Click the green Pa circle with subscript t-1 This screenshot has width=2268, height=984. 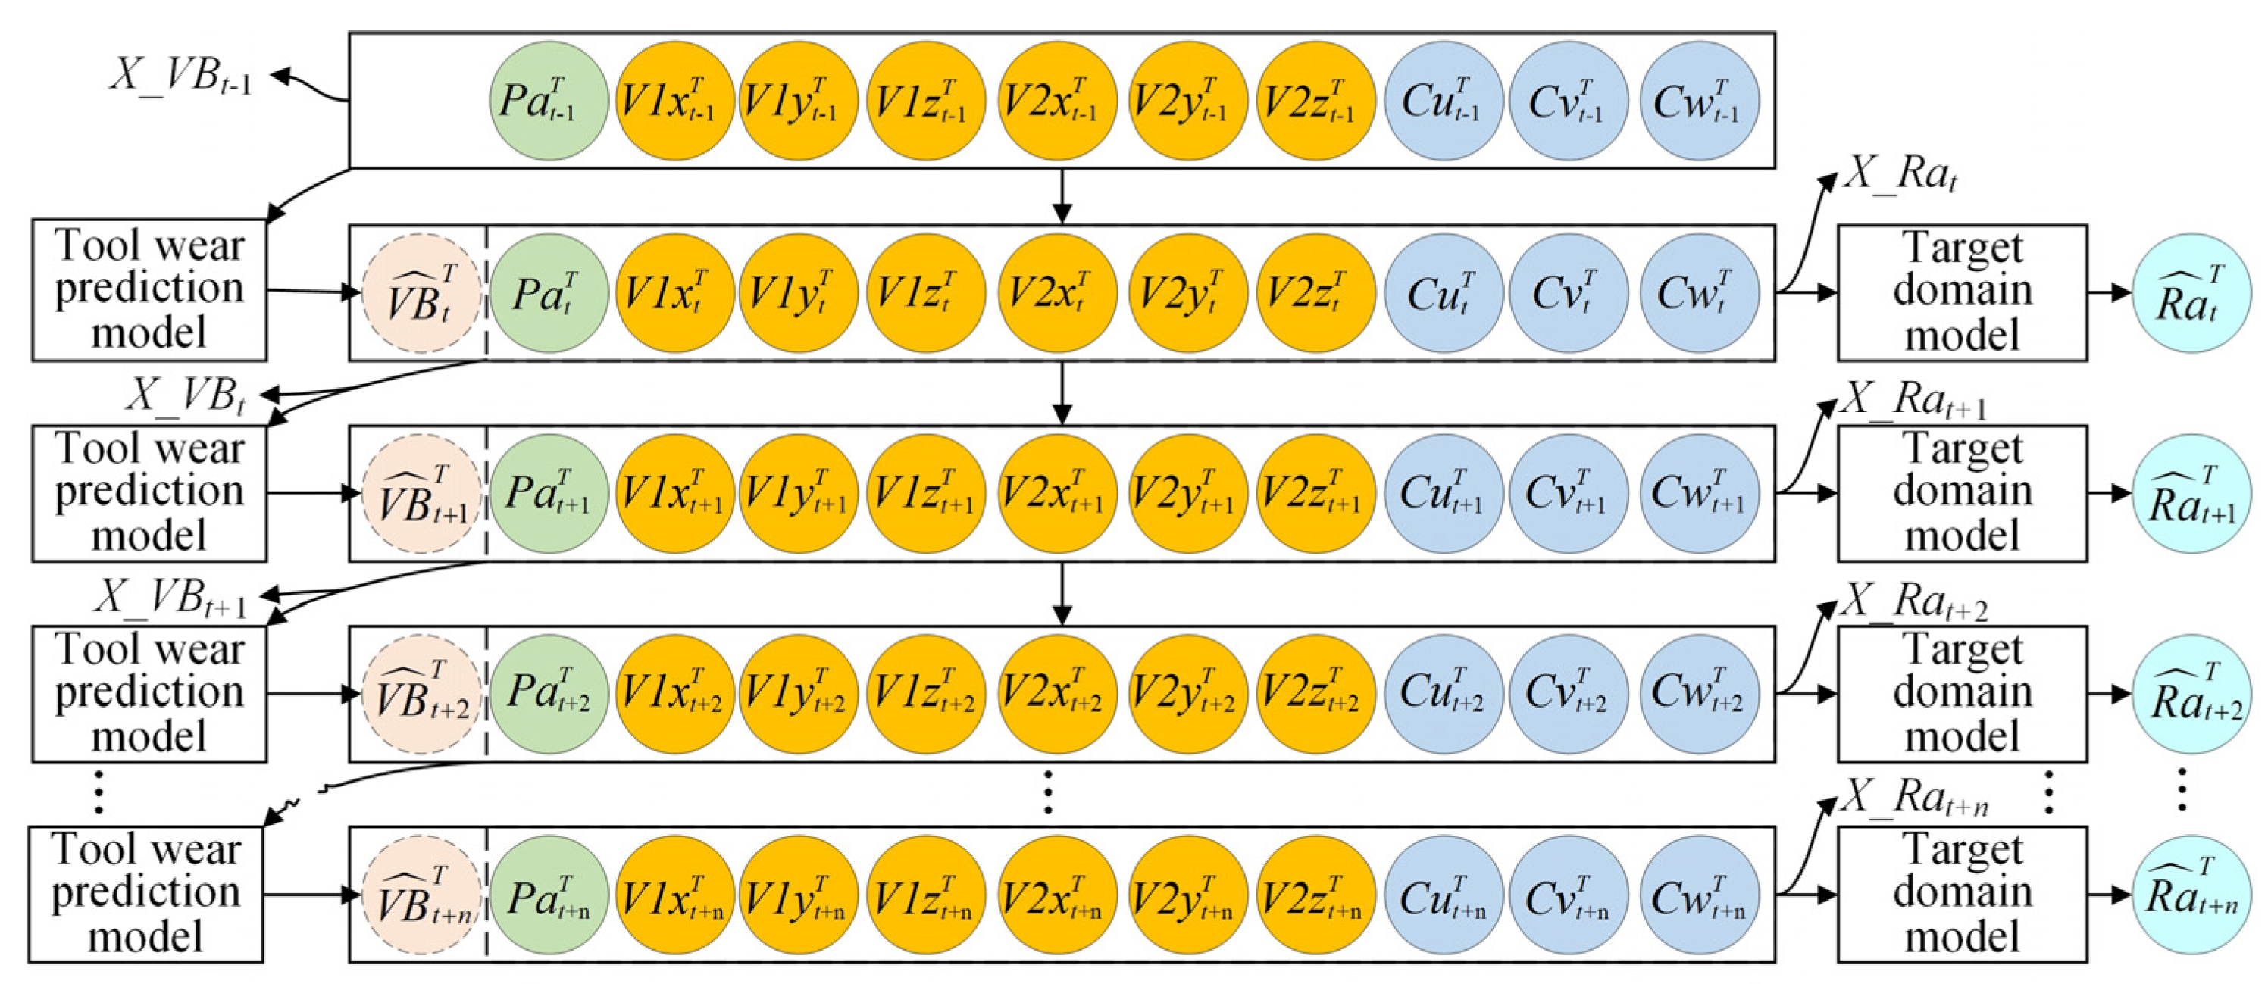click(x=549, y=100)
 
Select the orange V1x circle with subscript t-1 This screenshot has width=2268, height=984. click(x=674, y=100)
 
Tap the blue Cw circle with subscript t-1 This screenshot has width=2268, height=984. click(x=1699, y=100)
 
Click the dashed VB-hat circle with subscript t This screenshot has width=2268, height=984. click(x=422, y=293)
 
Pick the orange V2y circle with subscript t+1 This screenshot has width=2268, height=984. click(x=1187, y=494)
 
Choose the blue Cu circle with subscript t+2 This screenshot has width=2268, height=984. click(x=1443, y=695)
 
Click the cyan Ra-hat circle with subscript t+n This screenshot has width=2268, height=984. click(x=2191, y=895)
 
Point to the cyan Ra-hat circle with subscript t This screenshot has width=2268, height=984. click(x=2191, y=293)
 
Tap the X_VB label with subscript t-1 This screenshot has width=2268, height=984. click(x=180, y=77)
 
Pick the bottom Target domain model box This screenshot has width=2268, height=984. click(x=1962, y=894)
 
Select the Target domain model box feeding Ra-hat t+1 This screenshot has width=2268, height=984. click(x=1962, y=494)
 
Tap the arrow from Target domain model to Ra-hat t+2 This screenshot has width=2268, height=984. click(x=2110, y=695)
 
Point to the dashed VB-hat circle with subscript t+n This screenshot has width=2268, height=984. click(x=422, y=895)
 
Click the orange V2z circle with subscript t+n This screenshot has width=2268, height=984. click(x=1315, y=895)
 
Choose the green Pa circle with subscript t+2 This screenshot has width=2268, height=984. click(x=549, y=695)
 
